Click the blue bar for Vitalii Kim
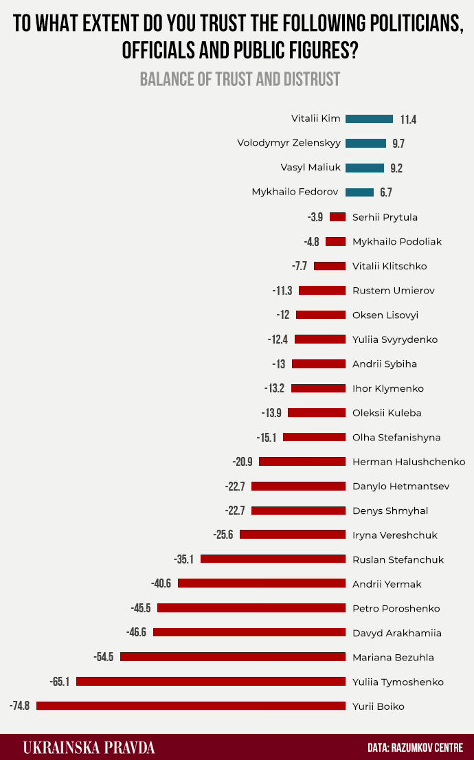(x=369, y=119)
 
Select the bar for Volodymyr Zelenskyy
(x=365, y=144)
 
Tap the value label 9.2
(x=396, y=168)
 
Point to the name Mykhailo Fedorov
(x=296, y=192)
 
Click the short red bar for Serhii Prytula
(x=337, y=217)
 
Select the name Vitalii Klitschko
(x=394, y=266)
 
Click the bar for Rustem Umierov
(x=322, y=291)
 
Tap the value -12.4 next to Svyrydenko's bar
(x=279, y=339)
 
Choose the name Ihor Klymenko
(x=388, y=388)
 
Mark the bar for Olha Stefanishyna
(x=314, y=437)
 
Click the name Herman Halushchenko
(x=409, y=462)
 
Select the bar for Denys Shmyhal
(x=298, y=511)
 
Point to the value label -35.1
(x=184, y=559)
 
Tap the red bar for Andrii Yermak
(x=262, y=583)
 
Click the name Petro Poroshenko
(x=396, y=608)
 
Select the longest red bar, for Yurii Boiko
(x=191, y=706)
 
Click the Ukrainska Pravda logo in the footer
(x=89, y=747)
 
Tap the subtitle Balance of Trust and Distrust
(x=240, y=79)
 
